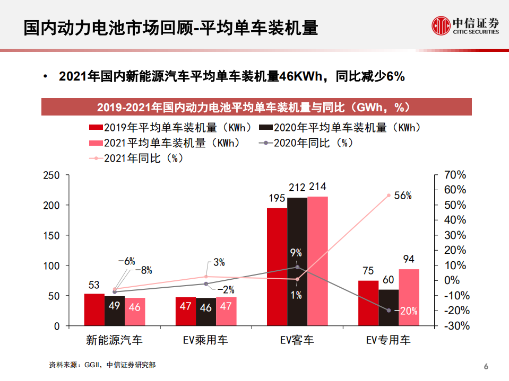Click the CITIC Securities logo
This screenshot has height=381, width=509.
[x=465, y=25]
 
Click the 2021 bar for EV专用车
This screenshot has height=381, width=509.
[x=409, y=297]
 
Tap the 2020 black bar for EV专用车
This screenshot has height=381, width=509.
[x=389, y=307]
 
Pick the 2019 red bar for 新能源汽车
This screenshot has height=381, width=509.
[x=94, y=309]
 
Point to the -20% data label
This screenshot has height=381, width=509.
[x=408, y=311]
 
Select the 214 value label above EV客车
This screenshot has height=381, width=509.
[x=317, y=187]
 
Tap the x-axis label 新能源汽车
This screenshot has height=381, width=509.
[x=115, y=340]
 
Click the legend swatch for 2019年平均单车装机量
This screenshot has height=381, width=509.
[x=96, y=128]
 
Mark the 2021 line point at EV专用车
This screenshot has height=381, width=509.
[x=389, y=196]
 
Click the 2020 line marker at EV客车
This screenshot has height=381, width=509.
[x=297, y=267]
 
